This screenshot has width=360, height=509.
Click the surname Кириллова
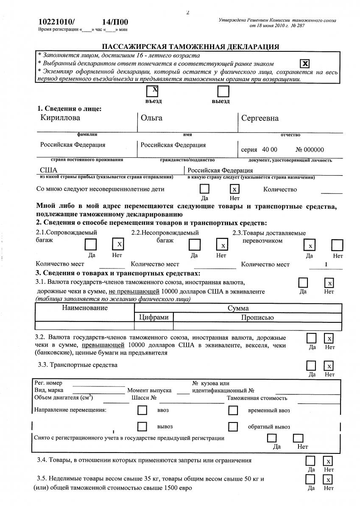[x=60, y=118]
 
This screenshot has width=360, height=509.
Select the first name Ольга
[x=151, y=118]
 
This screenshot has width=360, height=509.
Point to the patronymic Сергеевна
[x=260, y=118]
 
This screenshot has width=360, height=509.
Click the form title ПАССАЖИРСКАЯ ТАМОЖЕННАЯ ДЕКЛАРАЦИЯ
[x=190, y=47]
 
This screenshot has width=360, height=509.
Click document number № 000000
[x=310, y=150]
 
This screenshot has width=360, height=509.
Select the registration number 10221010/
[x=56, y=22]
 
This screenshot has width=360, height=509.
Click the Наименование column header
[x=85, y=308]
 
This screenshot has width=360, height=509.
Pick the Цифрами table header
[x=153, y=317]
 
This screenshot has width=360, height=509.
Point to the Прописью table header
[x=257, y=317]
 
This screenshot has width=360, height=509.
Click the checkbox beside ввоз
[x=142, y=411]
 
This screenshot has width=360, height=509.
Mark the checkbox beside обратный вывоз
[x=233, y=426]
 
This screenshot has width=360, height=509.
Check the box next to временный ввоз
[x=233, y=411]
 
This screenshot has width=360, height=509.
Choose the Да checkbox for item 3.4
[x=311, y=461]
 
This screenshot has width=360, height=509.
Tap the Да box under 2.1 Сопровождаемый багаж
[x=91, y=245]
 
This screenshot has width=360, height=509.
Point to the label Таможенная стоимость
[x=257, y=398]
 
